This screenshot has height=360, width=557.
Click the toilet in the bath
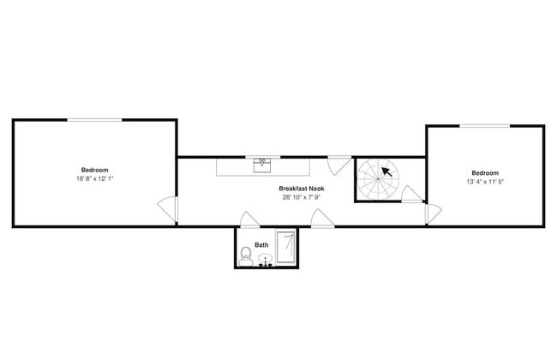click(x=245, y=256)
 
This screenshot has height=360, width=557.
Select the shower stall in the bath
click(x=286, y=247)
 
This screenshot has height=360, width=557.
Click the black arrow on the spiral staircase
click(x=386, y=172)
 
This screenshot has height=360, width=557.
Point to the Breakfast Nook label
click(x=302, y=189)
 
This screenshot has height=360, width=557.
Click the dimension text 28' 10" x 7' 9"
click(x=302, y=197)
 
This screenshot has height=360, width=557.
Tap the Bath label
click(x=261, y=245)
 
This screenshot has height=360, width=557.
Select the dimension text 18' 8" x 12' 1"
click(x=95, y=179)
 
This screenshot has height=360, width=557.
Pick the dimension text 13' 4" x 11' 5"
click(x=485, y=182)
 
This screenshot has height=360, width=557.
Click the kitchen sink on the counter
click(x=262, y=165)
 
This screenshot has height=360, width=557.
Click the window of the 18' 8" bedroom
click(x=94, y=120)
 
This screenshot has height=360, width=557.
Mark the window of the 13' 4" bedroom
click(x=485, y=126)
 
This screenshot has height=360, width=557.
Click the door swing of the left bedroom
click(x=167, y=210)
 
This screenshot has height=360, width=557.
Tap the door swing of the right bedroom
click(x=434, y=214)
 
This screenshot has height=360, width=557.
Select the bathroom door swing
click(x=249, y=219)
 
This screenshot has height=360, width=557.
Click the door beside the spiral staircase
click(x=412, y=194)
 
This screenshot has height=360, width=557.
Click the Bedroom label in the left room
click(x=95, y=170)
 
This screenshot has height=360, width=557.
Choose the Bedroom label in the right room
click(x=485, y=173)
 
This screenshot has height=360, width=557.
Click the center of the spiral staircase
click(x=378, y=179)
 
